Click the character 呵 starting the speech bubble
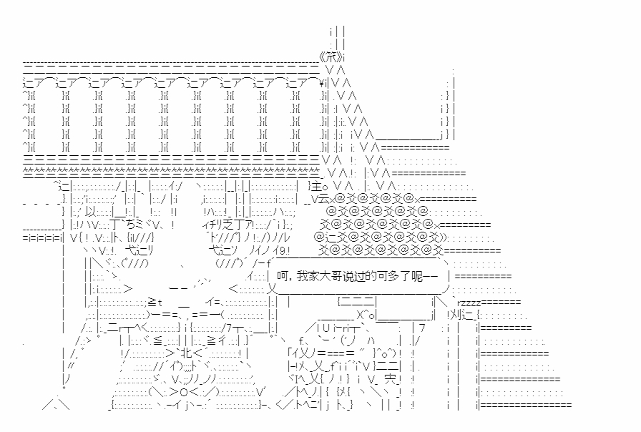[283, 275]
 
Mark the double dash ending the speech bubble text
[436, 275]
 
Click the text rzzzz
[469, 302]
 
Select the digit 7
[422, 328]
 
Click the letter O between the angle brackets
[165, 392]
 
